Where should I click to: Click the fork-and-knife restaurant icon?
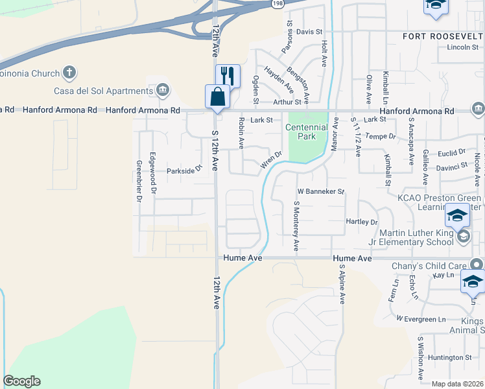[x=228, y=76]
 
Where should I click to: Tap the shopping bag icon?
[x=217, y=97]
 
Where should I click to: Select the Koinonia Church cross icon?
[x=70, y=73]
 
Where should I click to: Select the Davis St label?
[x=309, y=32]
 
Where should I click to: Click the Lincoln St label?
[x=462, y=48]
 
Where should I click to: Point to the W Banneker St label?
[x=320, y=192]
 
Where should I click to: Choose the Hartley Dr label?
[x=361, y=222]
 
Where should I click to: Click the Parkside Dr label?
[x=184, y=171]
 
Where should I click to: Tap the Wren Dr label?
[x=271, y=160]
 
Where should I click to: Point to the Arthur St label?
[x=287, y=102]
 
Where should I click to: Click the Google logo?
[x=21, y=381]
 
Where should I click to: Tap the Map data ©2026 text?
[x=456, y=384]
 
